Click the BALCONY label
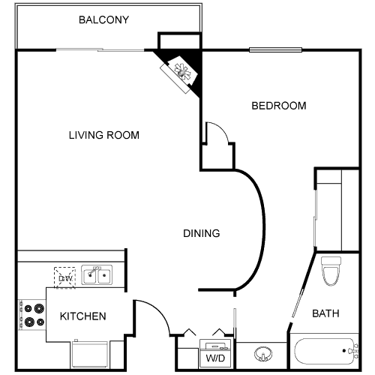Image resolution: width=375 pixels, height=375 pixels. [104, 19]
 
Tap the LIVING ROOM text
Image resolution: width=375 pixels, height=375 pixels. [104, 135]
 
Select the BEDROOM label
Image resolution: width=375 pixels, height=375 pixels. [278, 106]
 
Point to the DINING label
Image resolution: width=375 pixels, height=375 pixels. [202, 233]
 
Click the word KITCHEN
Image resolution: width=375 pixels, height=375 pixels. [82, 316]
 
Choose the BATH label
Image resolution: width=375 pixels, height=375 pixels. [326, 313]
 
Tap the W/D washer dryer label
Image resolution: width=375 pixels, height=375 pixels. [215, 358]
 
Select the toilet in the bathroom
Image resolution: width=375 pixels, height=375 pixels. [331, 271]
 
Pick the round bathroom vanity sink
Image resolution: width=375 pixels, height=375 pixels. [262, 353]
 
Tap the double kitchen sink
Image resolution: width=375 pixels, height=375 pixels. [97, 275]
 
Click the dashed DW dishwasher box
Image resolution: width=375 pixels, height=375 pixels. [64, 277]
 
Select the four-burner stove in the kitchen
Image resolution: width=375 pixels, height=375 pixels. [31, 315]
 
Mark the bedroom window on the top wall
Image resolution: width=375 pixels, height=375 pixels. [275, 51]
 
